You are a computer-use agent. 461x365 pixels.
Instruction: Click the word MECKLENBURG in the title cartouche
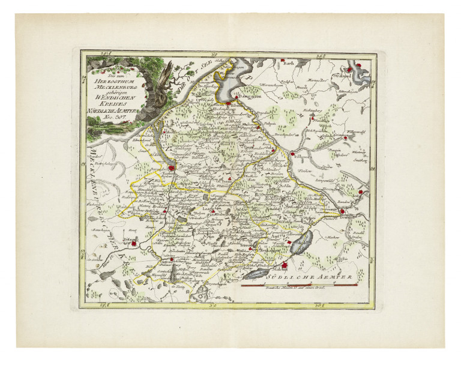coord(110,87)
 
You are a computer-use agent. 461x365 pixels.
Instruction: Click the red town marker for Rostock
coord(172,169)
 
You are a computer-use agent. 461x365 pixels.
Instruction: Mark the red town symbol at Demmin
coord(342,211)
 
